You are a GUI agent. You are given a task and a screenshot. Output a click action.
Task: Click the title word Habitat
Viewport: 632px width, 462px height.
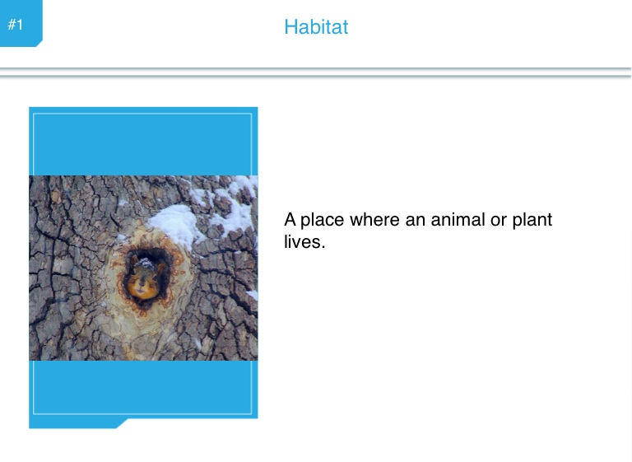tap(316, 27)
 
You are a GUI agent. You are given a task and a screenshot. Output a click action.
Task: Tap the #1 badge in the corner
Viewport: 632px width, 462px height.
tap(21, 23)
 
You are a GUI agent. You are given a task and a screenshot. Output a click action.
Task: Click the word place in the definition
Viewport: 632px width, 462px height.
tap(322, 221)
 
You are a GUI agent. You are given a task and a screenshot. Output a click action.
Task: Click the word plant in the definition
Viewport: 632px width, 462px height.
tap(532, 221)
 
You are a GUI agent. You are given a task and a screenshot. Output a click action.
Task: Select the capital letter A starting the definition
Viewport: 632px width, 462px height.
tap(290, 220)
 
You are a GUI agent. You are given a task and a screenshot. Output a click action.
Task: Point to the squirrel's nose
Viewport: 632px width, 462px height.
tap(142, 283)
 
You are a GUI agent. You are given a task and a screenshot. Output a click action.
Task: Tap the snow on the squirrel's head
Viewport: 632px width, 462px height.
tap(145, 264)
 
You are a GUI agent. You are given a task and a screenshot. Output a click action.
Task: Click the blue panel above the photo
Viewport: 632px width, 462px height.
tap(143, 141)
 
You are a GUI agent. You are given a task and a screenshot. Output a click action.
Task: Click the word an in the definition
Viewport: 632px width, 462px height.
tap(415, 222)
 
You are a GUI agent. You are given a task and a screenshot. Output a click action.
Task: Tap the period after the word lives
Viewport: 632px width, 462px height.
tap(323, 247)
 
